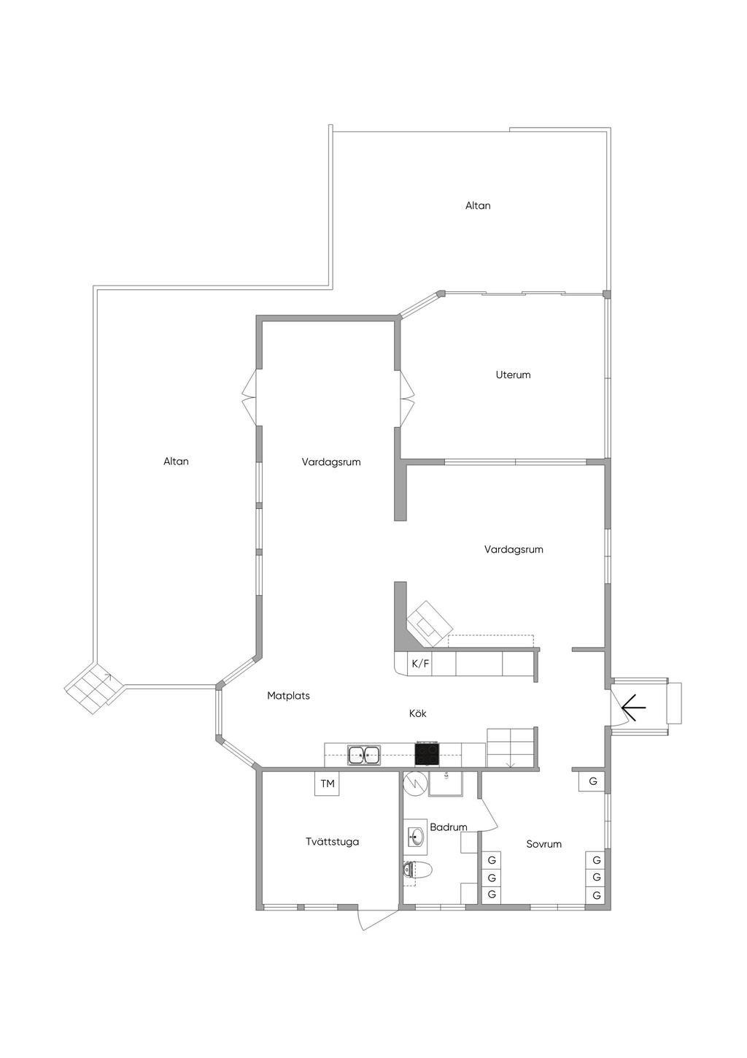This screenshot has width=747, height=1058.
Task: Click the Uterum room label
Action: point(513,375)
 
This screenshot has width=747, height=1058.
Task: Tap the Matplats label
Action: point(288,696)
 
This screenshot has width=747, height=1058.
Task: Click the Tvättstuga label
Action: point(332,842)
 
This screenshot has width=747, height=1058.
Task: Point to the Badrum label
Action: point(448,827)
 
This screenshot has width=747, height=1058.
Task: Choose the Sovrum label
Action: point(544,844)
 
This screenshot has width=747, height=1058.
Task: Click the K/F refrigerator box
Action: point(420,664)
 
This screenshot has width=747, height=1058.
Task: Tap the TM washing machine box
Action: point(328,784)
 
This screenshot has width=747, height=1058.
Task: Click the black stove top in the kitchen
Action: point(427,754)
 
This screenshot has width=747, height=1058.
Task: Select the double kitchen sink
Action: point(363,754)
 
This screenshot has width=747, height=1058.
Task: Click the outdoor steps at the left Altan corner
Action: point(91,689)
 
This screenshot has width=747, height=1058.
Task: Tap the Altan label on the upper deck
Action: point(478,206)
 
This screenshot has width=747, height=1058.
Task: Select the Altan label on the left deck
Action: point(176,461)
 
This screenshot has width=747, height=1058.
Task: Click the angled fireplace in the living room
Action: point(430,625)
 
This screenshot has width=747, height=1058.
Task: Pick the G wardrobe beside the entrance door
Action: point(592,781)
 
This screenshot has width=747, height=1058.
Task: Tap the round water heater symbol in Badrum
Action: point(414,781)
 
